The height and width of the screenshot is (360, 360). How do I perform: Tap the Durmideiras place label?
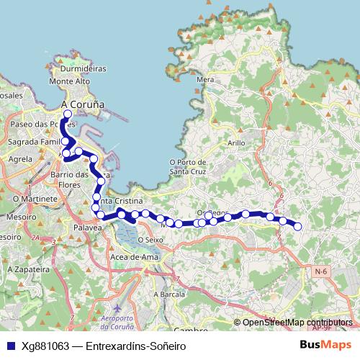pyautogui.click(x=84, y=69)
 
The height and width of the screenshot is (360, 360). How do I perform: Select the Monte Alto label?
pyautogui.click(x=69, y=82)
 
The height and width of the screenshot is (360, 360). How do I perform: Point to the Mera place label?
pyautogui.click(x=204, y=80)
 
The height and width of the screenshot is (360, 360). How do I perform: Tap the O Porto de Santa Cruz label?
pyautogui.click(x=188, y=167)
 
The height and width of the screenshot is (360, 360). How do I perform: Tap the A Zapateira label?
pyautogui.click(x=22, y=268)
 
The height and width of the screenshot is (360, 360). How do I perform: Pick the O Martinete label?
pyautogui.click(x=30, y=197)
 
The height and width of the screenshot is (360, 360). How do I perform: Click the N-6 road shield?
pyautogui.click(x=321, y=270)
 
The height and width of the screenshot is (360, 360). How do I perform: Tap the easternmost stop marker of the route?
pyautogui.click(x=297, y=228)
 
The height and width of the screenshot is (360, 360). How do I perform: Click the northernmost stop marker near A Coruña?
pyautogui.click(x=68, y=114)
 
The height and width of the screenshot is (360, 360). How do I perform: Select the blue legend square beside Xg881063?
pyautogui.click(x=10, y=346)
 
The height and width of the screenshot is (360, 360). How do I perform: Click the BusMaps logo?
pyautogui.click(x=325, y=346)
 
